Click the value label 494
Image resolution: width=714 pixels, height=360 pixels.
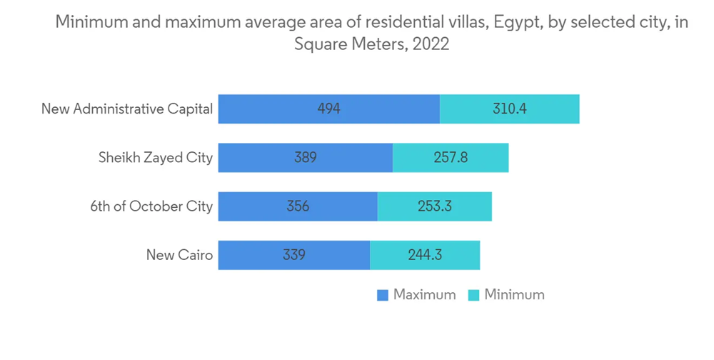click(329, 109)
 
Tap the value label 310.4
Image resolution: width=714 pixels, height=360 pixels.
click(509, 109)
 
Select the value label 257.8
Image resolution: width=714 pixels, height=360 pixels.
click(451, 158)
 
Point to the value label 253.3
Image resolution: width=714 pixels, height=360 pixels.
click(435, 206)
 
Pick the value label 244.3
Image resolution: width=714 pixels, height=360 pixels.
click(425, 255)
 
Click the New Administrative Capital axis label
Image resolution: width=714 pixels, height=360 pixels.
click(127, 109)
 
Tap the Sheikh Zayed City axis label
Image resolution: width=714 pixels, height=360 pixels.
click(156, 158)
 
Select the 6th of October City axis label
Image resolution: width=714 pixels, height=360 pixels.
click(151, 206)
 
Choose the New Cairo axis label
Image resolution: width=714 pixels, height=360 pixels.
click(179, 255)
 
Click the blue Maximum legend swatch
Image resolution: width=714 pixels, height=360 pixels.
click(383, 295)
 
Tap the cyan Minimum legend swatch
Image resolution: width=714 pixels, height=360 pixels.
click(473, 295)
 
